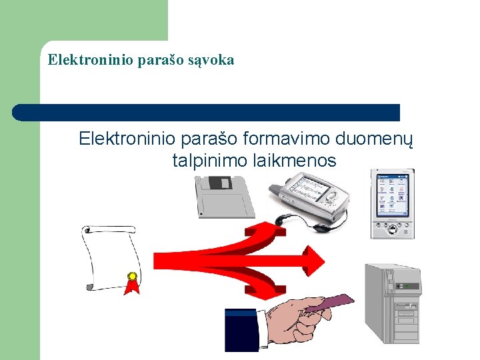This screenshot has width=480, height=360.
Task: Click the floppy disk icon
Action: coord(224,197)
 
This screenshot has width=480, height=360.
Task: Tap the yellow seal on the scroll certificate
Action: coord(133,276)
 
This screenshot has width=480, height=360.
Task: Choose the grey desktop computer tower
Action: coord(393,303)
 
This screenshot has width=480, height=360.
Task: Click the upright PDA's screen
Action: coord(392,197)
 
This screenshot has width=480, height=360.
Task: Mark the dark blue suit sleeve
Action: coord(241,331)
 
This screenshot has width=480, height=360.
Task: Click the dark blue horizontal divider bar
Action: coord(207,113)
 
